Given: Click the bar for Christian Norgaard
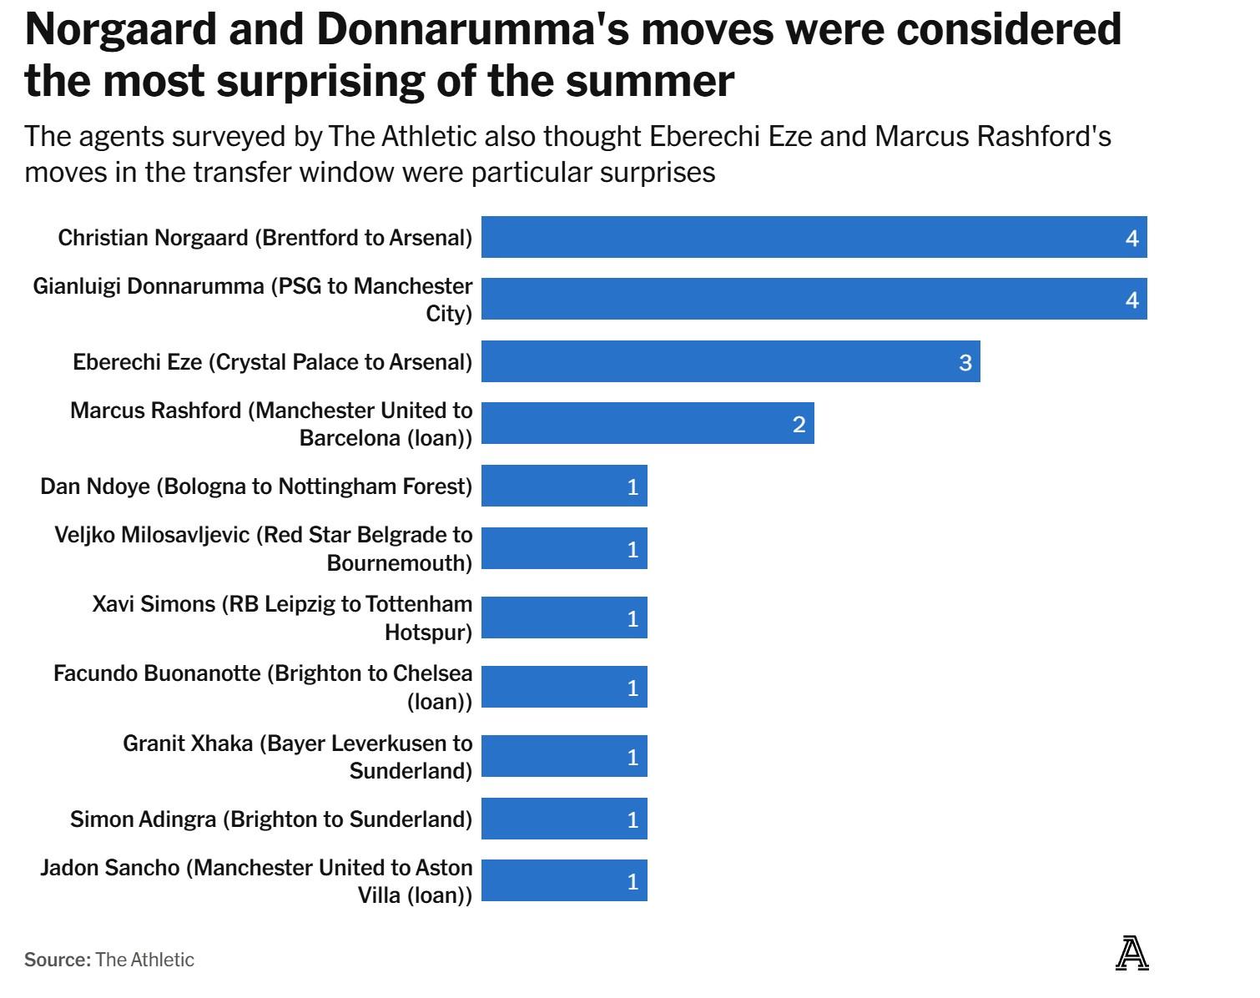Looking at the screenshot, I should (x=814, y=237).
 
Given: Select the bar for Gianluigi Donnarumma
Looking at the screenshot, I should (x=814, y=299).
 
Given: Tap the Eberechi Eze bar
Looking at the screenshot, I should (x=730, y=361).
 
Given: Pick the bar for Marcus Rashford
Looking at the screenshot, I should (x=647, y=423).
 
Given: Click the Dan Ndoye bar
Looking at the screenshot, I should (x=563, y=486).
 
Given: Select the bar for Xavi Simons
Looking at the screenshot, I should (x=563, y=617).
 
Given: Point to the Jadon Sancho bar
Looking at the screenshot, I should (x=563, y=880).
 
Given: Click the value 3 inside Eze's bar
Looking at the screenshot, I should (x=965, y=362).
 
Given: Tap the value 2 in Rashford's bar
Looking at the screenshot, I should (x=799, y=425).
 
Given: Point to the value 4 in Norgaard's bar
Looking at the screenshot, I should (x=1131, y=238).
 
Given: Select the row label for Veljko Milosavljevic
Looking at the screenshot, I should (x=264, y=548).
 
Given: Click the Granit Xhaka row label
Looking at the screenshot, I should (x=298, y=756).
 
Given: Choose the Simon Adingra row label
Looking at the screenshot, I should (x=271, y=819).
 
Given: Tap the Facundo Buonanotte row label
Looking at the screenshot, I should (x=263, y=687).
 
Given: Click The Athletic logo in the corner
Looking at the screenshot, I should (x=1131, y=954).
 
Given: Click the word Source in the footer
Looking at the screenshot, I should (x=57, y=960).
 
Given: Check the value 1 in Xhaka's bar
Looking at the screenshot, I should (x=633, y=757).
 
